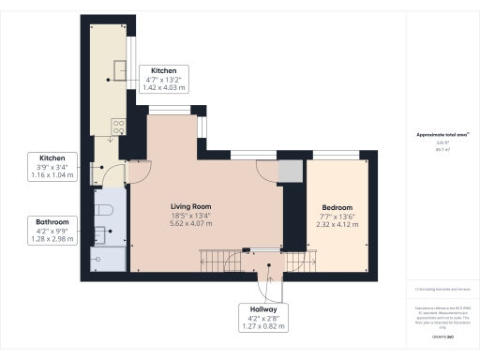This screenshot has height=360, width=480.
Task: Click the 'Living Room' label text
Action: click(190, 206)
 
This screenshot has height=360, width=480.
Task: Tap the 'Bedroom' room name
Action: click(337, 206)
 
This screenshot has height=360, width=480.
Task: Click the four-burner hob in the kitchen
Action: click(118, 127)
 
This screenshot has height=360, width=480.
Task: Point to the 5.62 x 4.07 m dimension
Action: click(190, 224)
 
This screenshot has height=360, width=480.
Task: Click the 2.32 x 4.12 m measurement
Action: click(337, 224)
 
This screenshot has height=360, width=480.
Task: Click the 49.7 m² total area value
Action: click(435, 148)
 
